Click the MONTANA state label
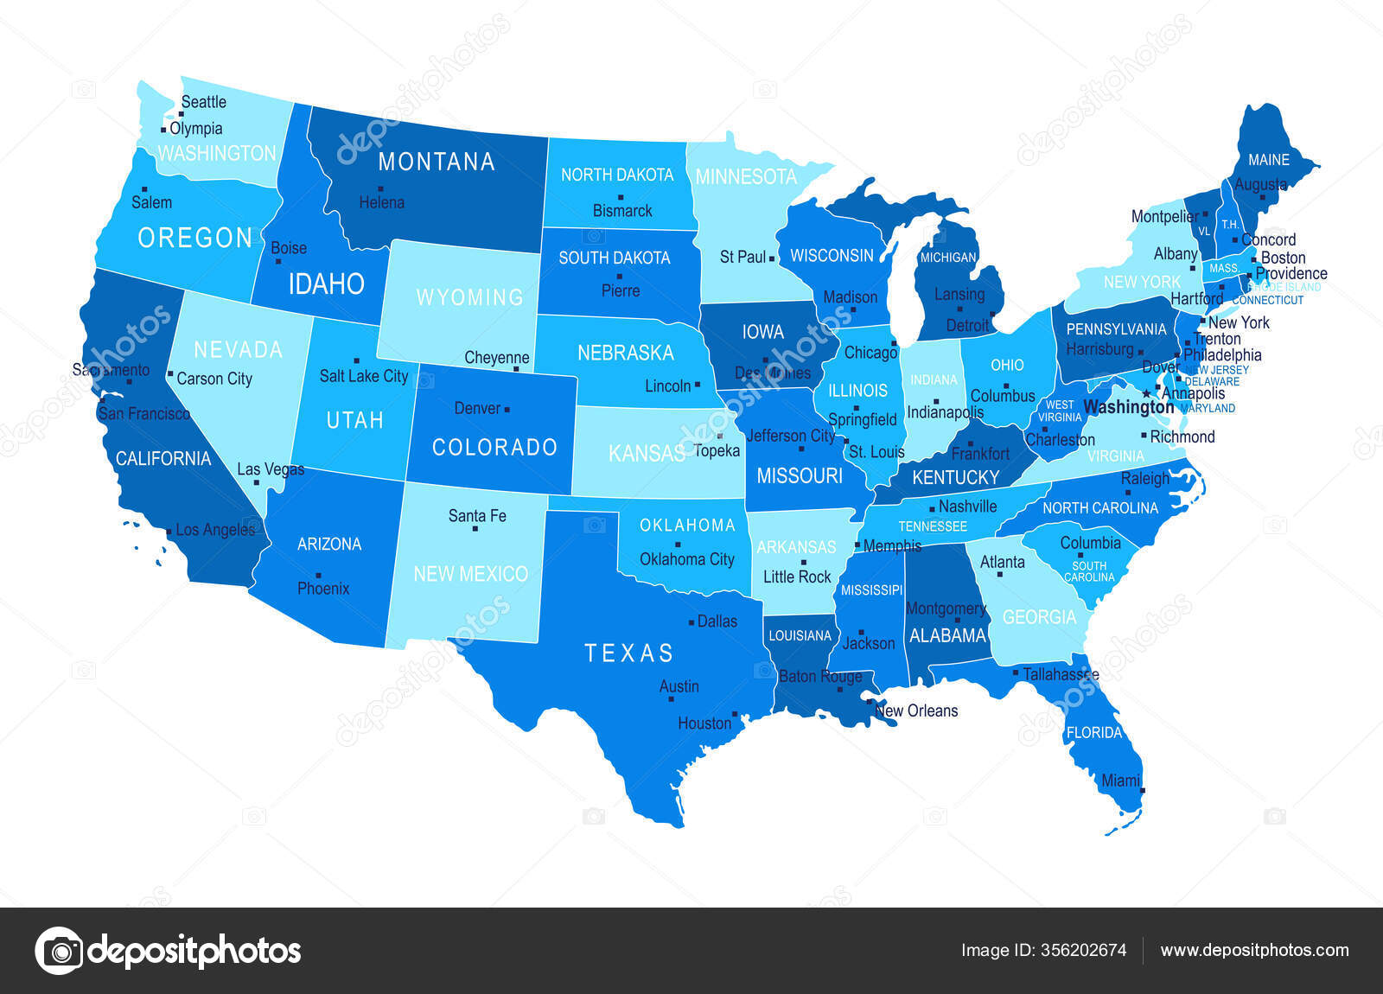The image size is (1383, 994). pyautogui.click(x=436, y=162)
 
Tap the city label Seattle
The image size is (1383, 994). pyautogui.click(x=203, y=102)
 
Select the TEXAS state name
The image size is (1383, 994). pyautogui.click(x=628, y=653)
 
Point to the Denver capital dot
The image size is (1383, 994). pyautogui.click(x=507, y=409)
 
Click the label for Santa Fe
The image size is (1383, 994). pyautogui.click(x=476, y=516)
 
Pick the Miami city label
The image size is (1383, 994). pyautogui.click(x=1120, y=781)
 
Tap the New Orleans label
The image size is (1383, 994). pyautogui.click(x=916, y=710)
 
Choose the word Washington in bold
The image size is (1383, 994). pyautogui.click(x=1128, y=406)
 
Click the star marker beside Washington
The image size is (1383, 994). pyautogui.click(x=1147, y=394)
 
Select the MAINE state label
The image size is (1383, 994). pyautogui.click(x=1268, y=160)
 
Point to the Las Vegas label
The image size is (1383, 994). pyautogui.click(x=271, y=469)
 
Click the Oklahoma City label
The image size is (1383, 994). pyautogui.click(x=686, y=559)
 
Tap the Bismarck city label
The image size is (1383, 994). pyautogui.click(x=622, y=211)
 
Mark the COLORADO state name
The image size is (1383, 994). pyautogui.click(x=494, y=447)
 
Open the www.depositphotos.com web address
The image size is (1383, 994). pyautogui.click(x=1254, y=950)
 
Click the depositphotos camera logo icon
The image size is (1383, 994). pyautogui.click(x=59, y=951)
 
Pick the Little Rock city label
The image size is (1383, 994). pyautogui.click(x=796, y=577)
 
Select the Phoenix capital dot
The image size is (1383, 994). pyautogui.click(x=319, y=575)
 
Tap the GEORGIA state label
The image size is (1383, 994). pyautogui.click(x=1039, y=617)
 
